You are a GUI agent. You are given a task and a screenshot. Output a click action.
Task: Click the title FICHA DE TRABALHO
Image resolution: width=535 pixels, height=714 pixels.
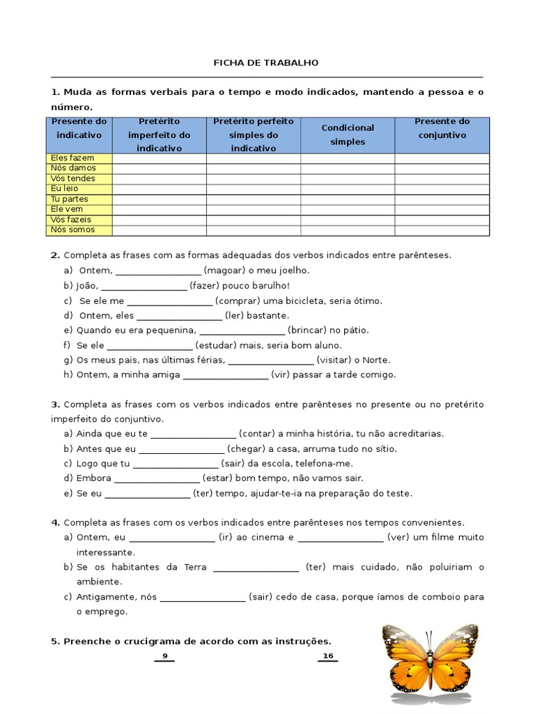tap(265, 63)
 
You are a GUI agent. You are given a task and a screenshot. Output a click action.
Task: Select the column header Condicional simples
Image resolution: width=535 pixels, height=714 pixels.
tap(348, 135)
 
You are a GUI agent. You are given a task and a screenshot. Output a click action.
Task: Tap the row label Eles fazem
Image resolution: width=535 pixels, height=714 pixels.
tap(72, 158)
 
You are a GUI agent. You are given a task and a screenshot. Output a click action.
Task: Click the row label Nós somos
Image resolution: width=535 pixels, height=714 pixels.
tap(72, 230)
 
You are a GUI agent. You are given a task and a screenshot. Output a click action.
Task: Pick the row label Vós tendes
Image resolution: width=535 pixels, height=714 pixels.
tap(73, 178)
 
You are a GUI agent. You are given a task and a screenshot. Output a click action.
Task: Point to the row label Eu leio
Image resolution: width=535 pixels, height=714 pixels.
tap(65, 189)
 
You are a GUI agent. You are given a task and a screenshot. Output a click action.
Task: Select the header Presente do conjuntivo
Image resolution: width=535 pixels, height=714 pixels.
tap(442, 128)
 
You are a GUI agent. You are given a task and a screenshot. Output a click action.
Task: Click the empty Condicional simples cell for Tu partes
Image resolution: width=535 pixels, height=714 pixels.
tap(348, 199)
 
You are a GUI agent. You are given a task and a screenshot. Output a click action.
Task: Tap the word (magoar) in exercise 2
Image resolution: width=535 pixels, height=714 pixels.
tap(224, 271)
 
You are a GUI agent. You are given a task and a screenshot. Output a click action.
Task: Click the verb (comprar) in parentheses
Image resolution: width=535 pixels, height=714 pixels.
tap(237, 301)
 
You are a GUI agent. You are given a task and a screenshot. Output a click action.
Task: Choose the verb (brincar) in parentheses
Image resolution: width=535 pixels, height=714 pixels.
tap(307, 331)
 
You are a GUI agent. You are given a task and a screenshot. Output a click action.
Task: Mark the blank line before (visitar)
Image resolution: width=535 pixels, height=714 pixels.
tap(270, 360)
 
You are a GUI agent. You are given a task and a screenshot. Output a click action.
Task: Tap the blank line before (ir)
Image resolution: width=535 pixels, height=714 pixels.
tap(172, 538)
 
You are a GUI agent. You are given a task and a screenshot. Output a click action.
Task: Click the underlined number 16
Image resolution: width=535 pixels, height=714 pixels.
tap(328, 656)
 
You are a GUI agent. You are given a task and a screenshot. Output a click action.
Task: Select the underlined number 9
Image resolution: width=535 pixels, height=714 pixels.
tap(164, 656)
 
